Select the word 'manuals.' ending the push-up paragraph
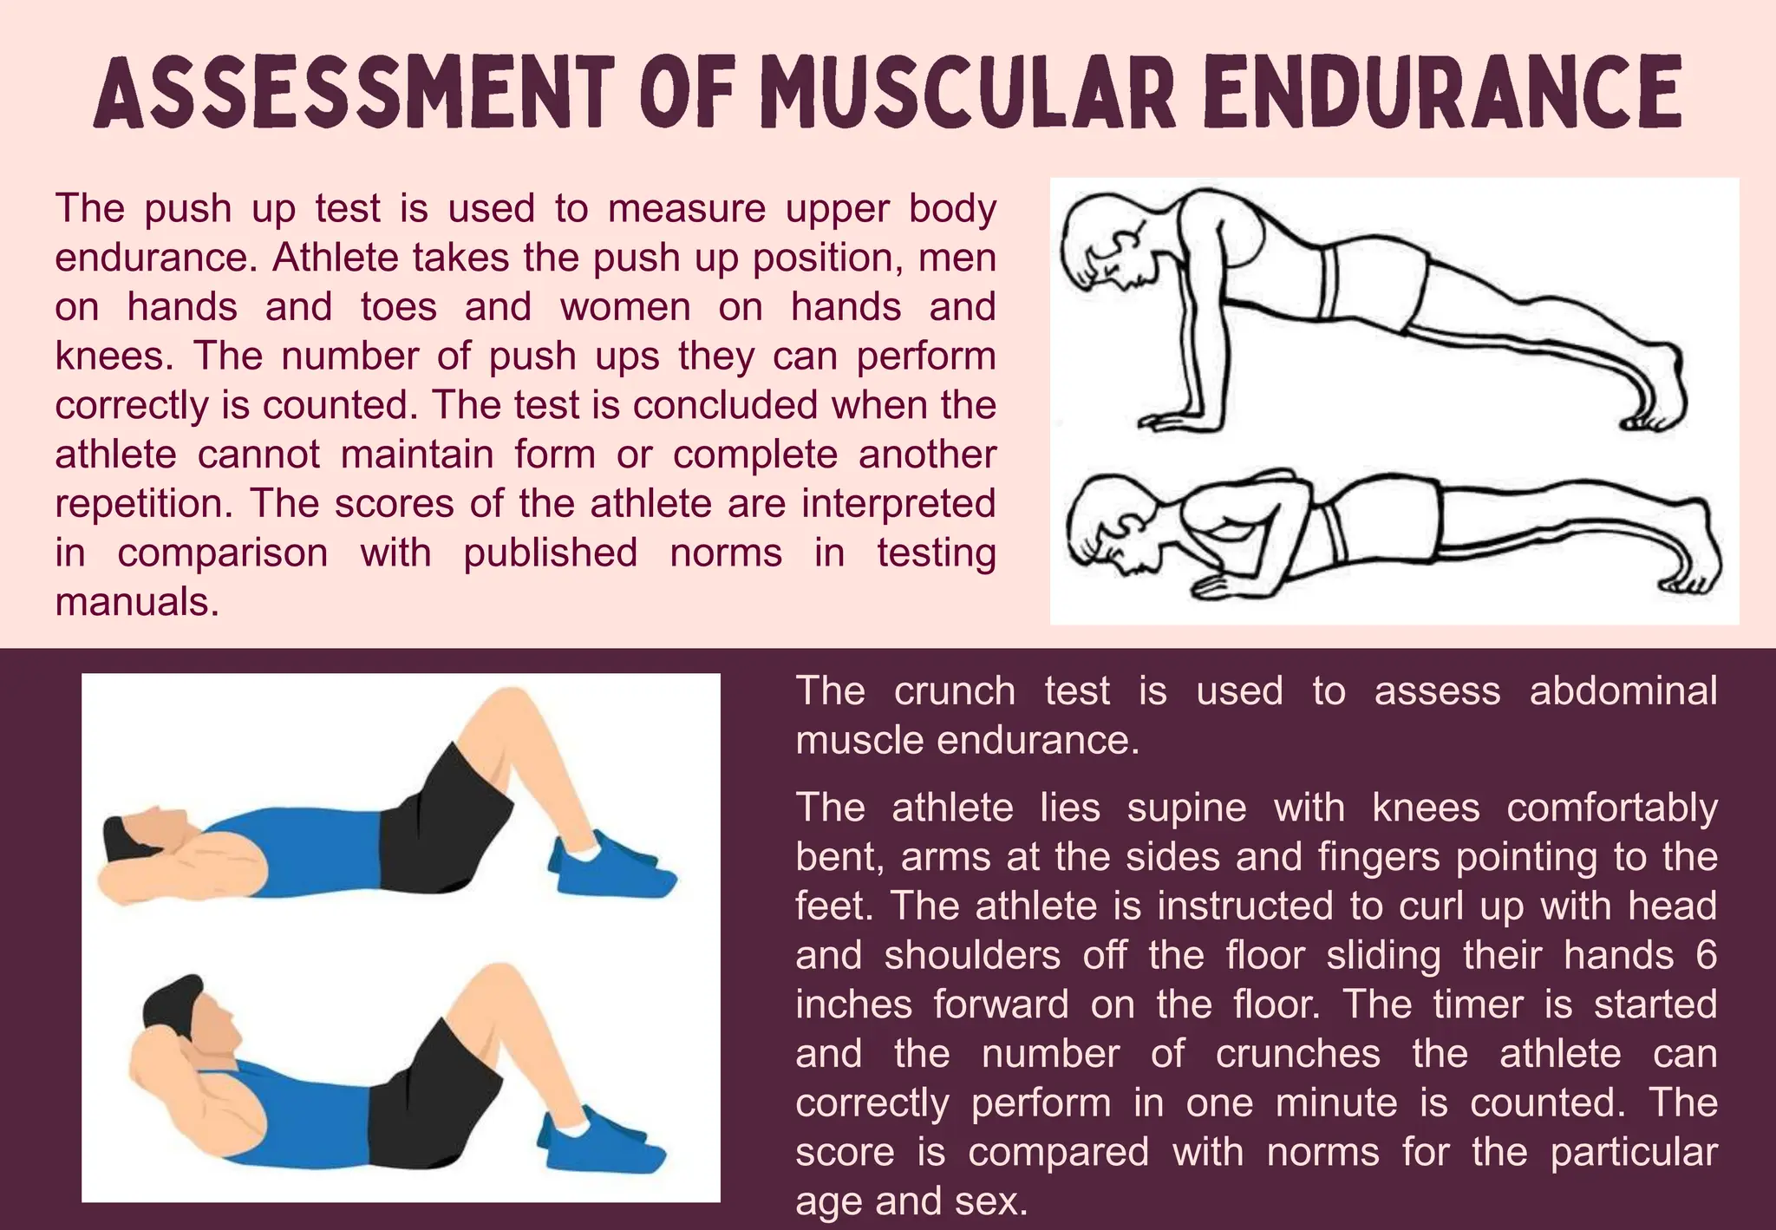click(x=137, y=602)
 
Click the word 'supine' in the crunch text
click(x=1186, y=808)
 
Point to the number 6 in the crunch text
click(x=1706, y=955)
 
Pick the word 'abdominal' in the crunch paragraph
click(x=1623, y=691)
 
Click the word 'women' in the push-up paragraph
click(x=625, y=307)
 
